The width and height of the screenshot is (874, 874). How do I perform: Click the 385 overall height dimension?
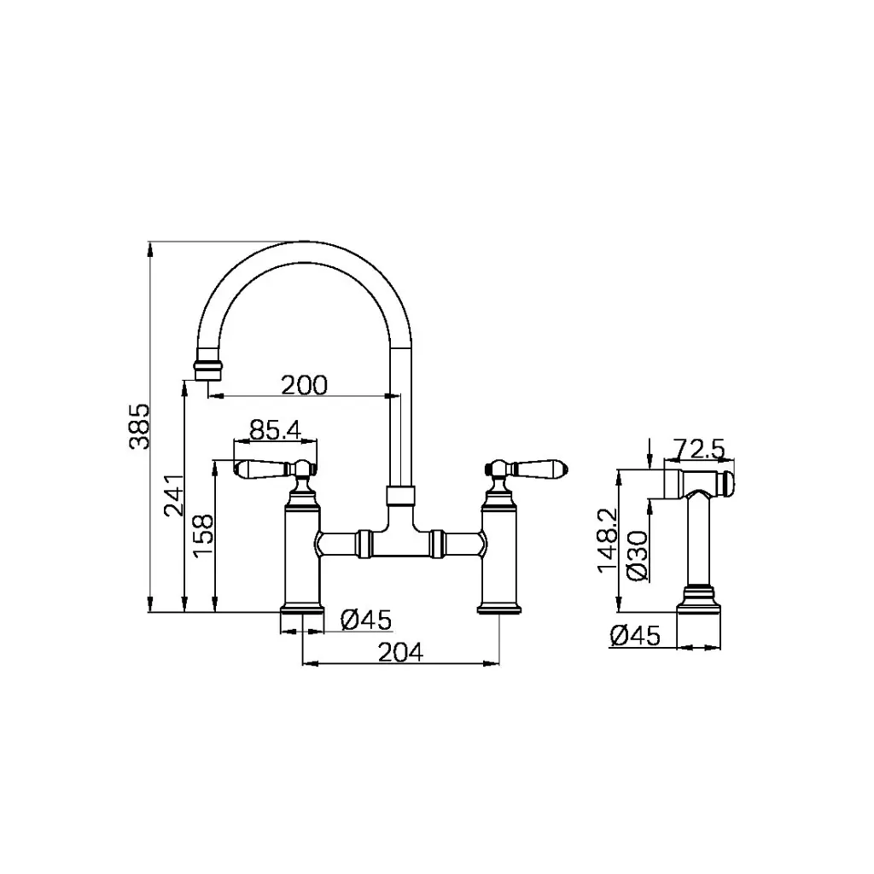[140, 426]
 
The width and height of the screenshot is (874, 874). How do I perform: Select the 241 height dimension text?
[173, 496]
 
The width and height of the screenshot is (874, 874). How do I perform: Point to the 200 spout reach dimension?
[305, 385]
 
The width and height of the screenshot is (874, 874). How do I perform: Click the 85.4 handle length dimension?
[274, 430]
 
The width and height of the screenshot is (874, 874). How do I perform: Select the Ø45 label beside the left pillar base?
[365, 621]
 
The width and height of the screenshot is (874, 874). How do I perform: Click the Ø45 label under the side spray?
[635, 636]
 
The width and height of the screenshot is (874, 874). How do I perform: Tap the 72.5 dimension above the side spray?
[699, 448]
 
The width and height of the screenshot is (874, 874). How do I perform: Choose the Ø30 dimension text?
[635, 556]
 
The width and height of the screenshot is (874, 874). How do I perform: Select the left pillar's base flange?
[304, 609]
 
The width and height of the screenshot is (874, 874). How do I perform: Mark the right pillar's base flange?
[499, 609]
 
